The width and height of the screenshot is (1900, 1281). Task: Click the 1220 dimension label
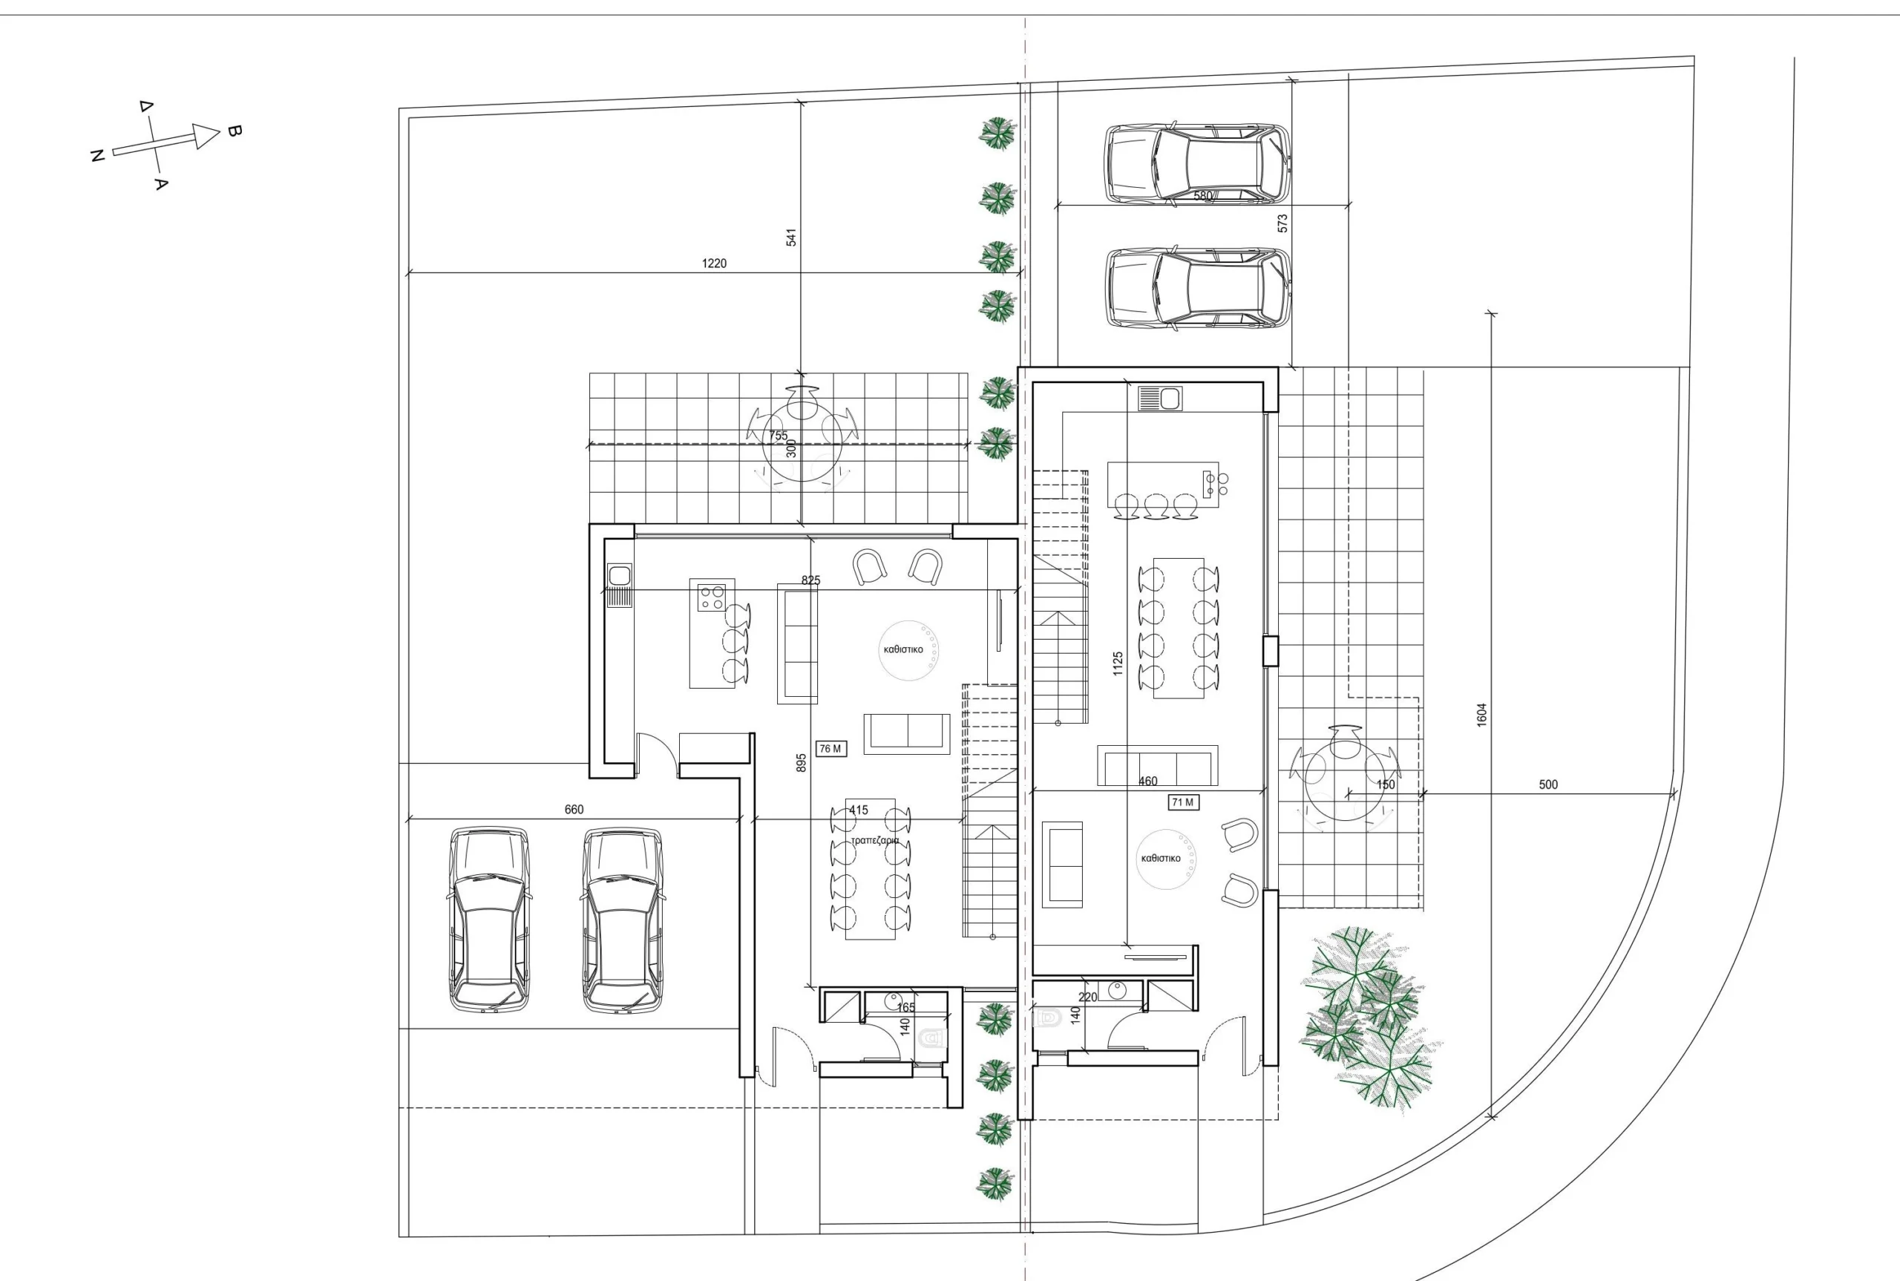[714, 263]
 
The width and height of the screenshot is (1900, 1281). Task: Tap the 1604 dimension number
[1481, 715]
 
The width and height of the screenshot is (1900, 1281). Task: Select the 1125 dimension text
[1118, 664]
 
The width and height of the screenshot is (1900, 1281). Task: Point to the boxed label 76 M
[831, 748]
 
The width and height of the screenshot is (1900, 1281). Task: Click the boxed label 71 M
[1183, 802]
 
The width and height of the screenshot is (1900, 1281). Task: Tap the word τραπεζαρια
[875, 841]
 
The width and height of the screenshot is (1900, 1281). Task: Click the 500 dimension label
[1548, 784]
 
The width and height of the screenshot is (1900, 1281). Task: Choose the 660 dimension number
[574, 809]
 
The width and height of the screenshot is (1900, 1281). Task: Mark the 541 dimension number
[790, 237]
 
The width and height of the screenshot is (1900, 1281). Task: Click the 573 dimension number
[1282, 223]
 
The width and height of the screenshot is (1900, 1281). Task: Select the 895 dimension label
[802, 762]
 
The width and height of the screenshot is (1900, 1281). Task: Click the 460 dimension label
[1147, 781]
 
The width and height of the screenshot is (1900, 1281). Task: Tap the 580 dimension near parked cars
[1203, 196]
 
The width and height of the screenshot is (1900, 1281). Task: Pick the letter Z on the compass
[96, 155]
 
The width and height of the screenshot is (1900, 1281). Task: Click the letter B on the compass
[234, 131]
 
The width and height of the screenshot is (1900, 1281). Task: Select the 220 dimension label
[1088, 997]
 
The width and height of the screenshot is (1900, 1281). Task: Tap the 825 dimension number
[810, 580]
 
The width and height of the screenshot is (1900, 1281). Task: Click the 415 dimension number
[859, 810]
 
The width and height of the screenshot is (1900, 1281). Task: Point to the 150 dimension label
[1386, 784]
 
